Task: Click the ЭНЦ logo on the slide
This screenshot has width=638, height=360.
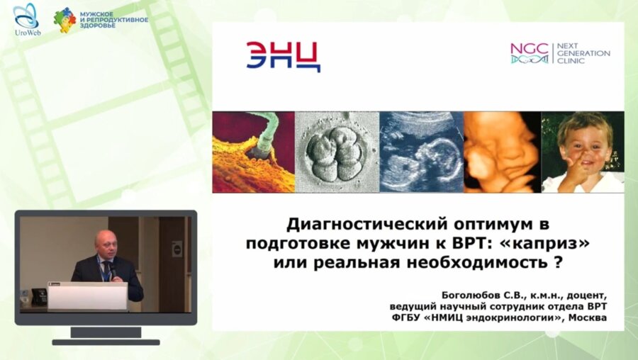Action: [x=283, y=57]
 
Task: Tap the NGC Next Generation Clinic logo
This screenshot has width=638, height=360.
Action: [x=560, y=54]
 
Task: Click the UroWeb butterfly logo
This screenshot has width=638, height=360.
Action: [x=26, y=17]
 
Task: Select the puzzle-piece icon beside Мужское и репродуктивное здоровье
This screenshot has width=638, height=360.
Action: [x=65, y=19]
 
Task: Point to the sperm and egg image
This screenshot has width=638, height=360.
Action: [x=253, y=152]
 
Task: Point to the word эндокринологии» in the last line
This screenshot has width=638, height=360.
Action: [x=516, y=318]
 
